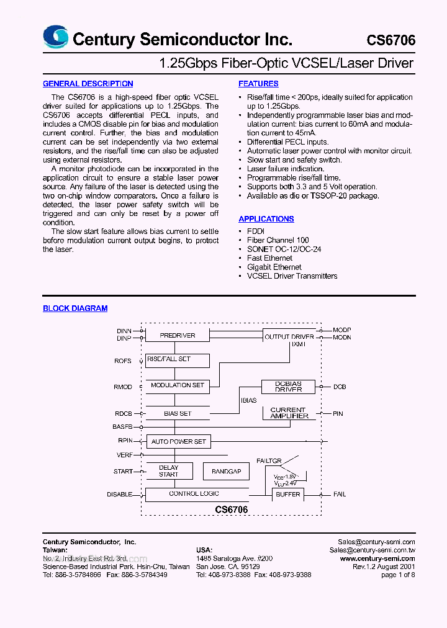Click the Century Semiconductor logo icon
tap(55, 37)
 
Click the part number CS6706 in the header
tap(391, 40)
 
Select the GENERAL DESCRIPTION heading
tap(88, 84)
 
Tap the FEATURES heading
tap(258, 84)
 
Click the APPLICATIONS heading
tap(266, 219)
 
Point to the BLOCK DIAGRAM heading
tap(75, 308)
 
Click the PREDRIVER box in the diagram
tap(178, 335)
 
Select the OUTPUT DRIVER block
tap(289, 336)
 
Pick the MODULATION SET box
tap(178, 385)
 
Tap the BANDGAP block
tap(226, 472)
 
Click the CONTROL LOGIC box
tap(194, 494)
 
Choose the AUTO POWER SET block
tap(178, 442)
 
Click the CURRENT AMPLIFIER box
tap(289, 413)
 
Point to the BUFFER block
tap(288, 495)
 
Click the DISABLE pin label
tap(119, 495)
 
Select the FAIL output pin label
tap(340, 495)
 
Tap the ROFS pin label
tap(123, 361)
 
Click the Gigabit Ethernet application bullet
tap(274, 267)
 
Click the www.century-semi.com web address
tap(377, 558)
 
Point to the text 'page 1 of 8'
tap(398, 575)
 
